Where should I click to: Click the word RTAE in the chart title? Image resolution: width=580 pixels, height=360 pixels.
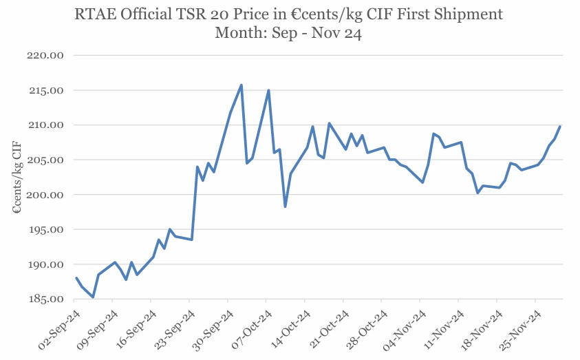[x=94, y=14]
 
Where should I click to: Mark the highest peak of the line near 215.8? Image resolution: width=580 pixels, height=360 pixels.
[x=241, y=85]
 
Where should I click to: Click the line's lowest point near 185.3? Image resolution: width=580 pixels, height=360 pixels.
[x=93, y=297]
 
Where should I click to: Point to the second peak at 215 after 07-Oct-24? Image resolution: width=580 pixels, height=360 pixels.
[x=268, y=90]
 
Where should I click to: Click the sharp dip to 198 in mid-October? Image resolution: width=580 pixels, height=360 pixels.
[x=285, y=207]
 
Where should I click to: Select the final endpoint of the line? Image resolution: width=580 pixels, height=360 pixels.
[x=560, y=127]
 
